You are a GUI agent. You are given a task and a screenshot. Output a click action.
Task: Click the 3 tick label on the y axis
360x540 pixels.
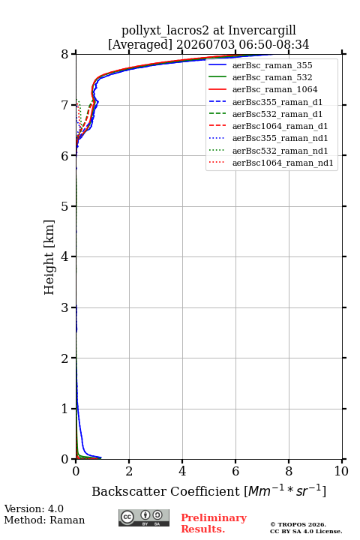[64, 307]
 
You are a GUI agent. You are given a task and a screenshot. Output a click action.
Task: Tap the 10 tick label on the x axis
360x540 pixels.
[341, 471]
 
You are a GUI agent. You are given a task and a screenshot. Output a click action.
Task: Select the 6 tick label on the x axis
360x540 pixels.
[235, 471]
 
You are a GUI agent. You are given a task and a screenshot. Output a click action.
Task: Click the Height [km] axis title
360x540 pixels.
[49, 257]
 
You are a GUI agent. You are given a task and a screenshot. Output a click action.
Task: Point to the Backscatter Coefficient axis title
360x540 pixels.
[208, 490]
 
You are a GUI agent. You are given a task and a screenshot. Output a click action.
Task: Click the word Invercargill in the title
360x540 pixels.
[262, 31]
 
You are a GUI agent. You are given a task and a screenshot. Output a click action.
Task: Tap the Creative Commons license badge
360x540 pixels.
[144, 517]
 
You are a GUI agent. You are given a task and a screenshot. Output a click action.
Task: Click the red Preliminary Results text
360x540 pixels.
[214, 523]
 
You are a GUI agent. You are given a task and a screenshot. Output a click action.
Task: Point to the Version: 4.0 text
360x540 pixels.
[34, 508]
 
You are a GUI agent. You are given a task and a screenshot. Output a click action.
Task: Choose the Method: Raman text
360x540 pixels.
[44, 520]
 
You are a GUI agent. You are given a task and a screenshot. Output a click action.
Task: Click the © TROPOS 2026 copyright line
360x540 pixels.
[298, 524]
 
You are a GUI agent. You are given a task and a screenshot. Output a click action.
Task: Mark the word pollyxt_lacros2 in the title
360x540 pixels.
[165, 31]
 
